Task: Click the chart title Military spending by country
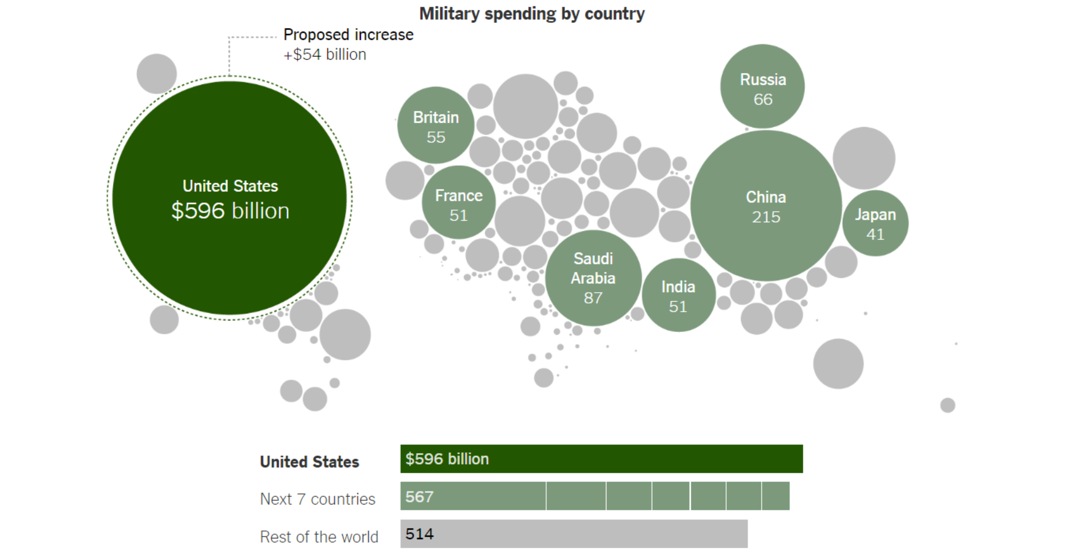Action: click(x=532, y=14)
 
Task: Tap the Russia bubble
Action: click(x=762, y=86)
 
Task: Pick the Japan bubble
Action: click(x=875, y=223)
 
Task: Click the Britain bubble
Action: click(x=436, y=125)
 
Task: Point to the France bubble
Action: click(x=459, y=203)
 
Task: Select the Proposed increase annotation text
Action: click(x=348, y=35)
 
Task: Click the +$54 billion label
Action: click(x=325, y=55)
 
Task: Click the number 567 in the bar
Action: click(x=419, y=496)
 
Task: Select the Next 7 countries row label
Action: click(x=318, y=499)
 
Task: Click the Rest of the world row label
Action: click(x=319, y=537)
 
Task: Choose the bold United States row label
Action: click(x=309, y=462)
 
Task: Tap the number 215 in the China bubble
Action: click(x=766, y=217)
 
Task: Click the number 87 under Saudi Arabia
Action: click(x=593, y=298)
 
